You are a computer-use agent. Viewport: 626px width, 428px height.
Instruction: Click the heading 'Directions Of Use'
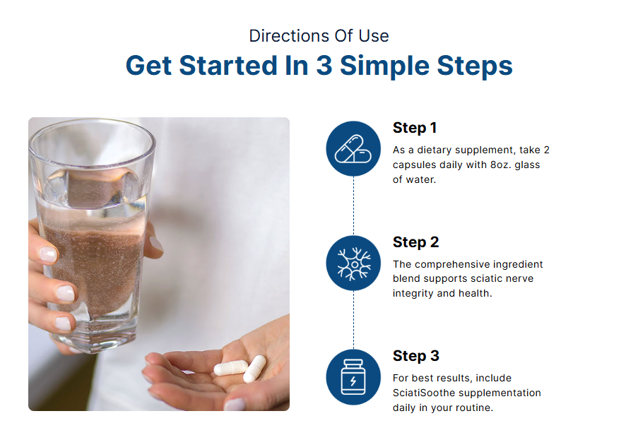(x=319, y=36)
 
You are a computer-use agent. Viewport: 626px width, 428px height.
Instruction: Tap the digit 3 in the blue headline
(x=324, y=66)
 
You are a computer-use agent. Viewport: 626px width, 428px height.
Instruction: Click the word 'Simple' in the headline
(x=384, y=66)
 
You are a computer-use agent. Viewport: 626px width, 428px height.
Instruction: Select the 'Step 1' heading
(x=415, y=128)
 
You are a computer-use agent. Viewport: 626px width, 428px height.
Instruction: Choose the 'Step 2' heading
(x=415, y=242)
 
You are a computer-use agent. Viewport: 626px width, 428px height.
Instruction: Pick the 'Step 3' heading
(x=415, y=356)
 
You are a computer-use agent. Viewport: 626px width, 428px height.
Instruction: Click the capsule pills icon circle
(x=353, y=148)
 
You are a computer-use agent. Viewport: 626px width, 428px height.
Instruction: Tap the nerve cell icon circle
(x=353, y=263)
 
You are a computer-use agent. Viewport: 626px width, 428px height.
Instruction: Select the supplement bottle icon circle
(x=353, y=377)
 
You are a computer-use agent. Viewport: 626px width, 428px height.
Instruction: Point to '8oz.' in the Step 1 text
(x=501, y=165)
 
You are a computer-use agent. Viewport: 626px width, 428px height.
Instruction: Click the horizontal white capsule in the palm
(x=231, y=368)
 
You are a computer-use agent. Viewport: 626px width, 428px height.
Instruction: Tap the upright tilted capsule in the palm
(x=255, y=369)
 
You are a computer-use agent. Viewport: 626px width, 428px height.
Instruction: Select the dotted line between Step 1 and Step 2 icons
(x=353, y=206)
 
